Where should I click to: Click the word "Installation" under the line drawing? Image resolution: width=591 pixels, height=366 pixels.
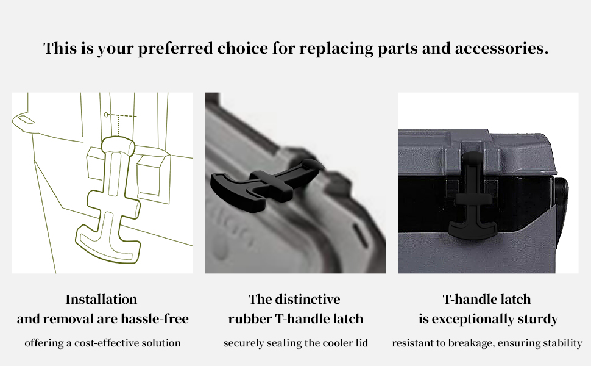click(101, 300)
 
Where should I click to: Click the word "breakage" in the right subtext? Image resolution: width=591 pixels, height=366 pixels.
click(473, 343)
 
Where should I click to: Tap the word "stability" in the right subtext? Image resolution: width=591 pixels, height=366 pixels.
click(561, 343)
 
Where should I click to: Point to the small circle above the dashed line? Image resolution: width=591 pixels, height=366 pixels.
click(106, 114)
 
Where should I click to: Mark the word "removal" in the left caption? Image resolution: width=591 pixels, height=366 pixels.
click(66, 319)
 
